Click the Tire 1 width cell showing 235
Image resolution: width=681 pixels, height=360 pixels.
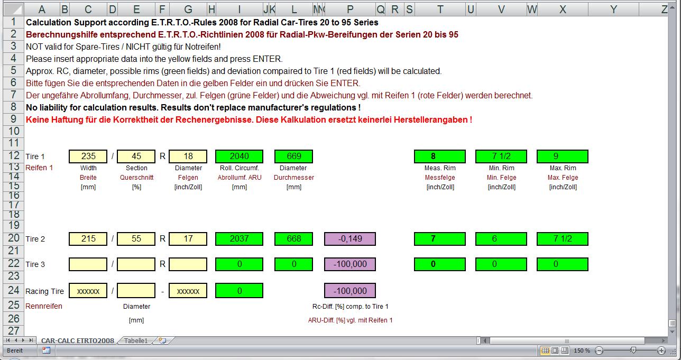[88, 156]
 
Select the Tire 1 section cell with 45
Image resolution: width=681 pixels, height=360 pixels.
[136, 156]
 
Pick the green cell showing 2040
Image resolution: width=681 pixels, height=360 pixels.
[240, 156]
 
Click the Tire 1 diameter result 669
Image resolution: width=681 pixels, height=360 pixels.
[293, 156]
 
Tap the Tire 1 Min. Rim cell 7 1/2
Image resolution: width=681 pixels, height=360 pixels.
[501, 156]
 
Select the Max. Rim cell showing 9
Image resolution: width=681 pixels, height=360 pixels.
[563, 156]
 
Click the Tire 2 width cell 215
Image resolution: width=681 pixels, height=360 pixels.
[88, 239]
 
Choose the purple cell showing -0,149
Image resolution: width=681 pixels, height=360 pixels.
[350, 239]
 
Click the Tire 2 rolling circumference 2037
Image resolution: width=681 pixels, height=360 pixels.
[240, 239]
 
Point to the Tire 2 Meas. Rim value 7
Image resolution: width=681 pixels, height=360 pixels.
[439, 239]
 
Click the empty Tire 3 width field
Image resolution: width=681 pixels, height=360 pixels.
[88, 264]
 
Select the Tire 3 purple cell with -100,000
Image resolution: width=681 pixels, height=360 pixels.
[350, 264]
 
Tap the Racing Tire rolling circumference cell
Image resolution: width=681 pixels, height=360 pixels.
[240, 291]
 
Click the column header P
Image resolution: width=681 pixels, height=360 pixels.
[350, 10]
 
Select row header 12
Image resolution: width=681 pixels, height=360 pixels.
[14, 155]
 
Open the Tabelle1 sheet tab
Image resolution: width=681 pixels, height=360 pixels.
[135, 340]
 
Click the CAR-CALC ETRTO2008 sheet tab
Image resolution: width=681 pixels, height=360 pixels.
[78, 340]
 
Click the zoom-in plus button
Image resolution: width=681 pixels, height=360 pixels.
[661, 350]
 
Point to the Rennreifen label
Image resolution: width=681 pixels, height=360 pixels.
[44, 306]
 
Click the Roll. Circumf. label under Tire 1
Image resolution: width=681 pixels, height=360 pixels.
[240, 168]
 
